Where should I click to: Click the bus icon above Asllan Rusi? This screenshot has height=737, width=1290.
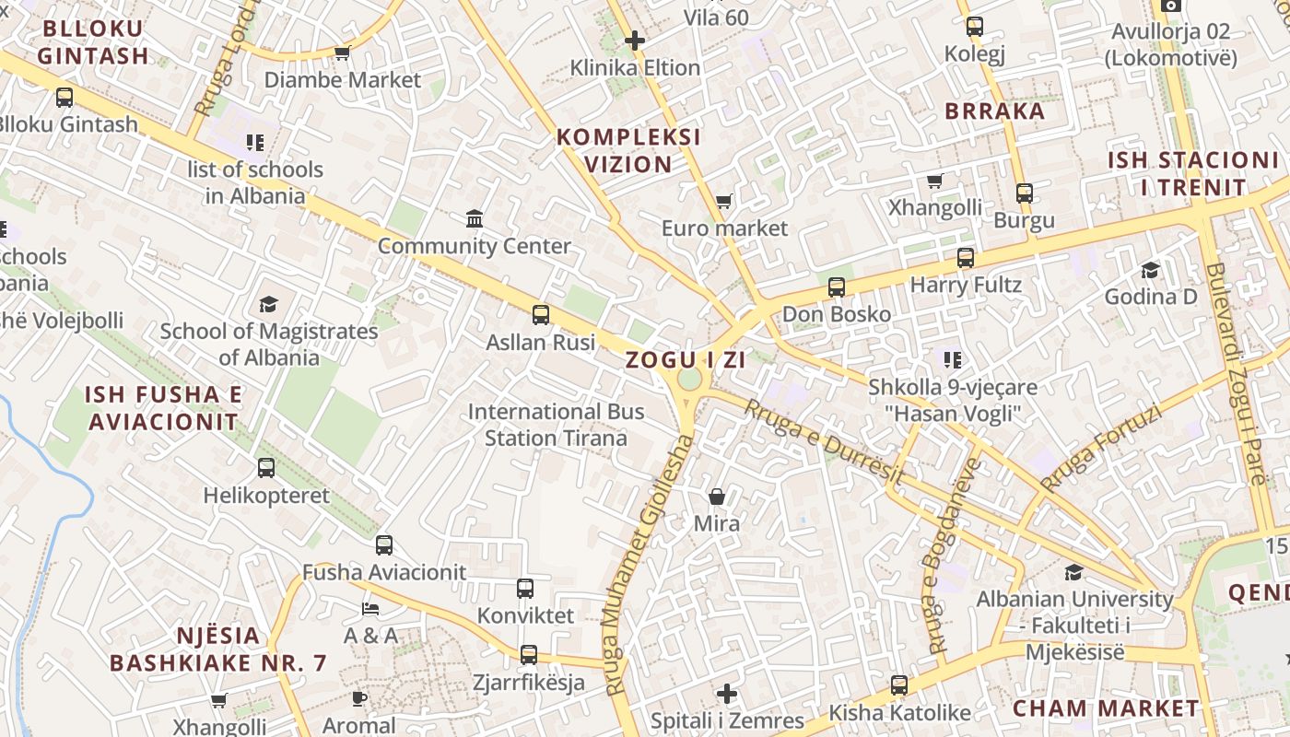point(541,315)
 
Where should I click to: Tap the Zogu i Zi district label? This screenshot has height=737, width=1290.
point(686,360)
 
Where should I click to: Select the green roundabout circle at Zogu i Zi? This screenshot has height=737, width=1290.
point(689,379)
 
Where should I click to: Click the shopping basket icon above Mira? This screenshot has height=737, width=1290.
point(717,497)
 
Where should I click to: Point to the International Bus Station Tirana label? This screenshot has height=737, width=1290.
point(556,425)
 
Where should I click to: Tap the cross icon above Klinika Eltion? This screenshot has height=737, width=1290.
point(635,41)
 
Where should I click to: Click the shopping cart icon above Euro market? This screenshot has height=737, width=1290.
point(724,201)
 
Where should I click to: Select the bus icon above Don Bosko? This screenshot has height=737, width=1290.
point(837,287)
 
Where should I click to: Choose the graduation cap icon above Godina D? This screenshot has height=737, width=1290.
point(1151,270)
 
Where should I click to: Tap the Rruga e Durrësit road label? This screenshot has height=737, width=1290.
point(824,440)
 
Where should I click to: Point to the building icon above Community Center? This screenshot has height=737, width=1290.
point(475,219)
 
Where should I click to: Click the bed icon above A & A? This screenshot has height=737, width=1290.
point(370,609)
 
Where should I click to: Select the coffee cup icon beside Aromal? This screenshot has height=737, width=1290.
point(359,699)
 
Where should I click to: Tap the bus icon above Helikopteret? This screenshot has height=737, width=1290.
point(266,468)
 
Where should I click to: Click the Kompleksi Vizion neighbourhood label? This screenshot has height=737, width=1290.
point(629,151)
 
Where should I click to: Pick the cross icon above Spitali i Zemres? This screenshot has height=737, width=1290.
point(727,693)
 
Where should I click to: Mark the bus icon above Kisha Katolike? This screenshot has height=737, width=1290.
point(899,685)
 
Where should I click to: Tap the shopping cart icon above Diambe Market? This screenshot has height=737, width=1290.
point(343,53)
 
